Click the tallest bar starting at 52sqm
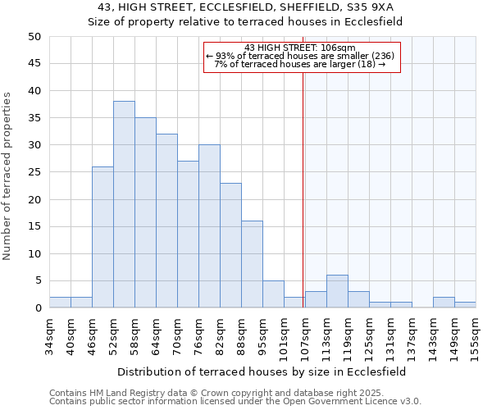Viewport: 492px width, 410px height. click(x=124, y=204)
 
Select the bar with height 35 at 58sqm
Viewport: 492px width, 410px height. click(x=145, y=212)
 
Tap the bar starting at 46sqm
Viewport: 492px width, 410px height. click(x=102, y=237)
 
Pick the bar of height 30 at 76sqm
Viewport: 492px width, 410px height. click(x=209, y=226)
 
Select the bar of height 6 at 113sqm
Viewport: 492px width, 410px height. click(x=337, y=292)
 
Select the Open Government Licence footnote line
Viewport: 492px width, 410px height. click(x=235, y=401)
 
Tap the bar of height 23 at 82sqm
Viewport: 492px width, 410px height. click(x=230, y=245)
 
